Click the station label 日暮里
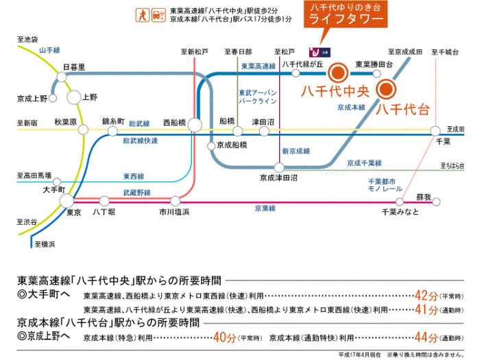pos(73,67)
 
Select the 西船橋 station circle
pos(195,124)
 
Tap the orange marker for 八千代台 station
pos(385,88)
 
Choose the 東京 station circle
pos(67,200)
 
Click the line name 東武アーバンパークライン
pos(258,97)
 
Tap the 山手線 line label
pos(51,50)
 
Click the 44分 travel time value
pos(427,337)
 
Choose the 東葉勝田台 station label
pos(374,64)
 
